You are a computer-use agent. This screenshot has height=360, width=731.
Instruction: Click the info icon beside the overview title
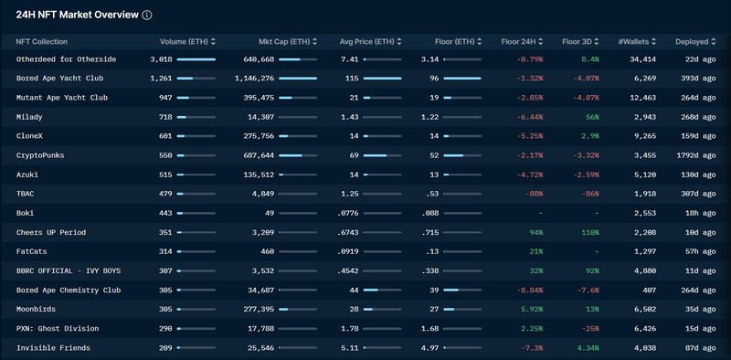(x=147, y=15)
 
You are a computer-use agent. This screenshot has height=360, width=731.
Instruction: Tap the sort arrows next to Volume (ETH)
(x=213, y=42)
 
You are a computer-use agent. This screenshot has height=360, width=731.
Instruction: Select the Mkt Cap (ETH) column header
(x=284, y=42)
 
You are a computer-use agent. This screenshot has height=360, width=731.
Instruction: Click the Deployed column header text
(x=692, y=42)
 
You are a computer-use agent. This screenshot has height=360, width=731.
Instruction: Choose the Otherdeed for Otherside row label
(x=66, y=59)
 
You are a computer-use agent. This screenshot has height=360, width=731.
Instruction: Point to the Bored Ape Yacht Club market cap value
(x=255, y=79)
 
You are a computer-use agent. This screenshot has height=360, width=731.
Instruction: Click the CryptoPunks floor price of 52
(x=434, y=155)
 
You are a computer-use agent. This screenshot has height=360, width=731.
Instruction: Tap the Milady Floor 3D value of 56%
(x=592, y=117)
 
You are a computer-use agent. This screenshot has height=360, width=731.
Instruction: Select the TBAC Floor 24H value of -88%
(x=534, y=194)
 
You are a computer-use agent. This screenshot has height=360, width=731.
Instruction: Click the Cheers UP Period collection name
(x=51, y=232)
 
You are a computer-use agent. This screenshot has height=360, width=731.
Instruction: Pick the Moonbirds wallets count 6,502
(x=645, y=309)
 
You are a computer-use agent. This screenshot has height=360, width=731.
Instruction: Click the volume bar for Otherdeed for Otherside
(x=196, y=59)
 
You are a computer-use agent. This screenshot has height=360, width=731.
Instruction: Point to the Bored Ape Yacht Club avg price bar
(x=382, y=79)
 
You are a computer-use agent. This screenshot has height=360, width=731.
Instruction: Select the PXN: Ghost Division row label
(x=58, y=328)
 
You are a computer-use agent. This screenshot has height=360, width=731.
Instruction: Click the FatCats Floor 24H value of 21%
(x=536, y=252)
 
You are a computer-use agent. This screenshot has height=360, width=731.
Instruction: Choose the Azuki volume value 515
(x=165, y=175)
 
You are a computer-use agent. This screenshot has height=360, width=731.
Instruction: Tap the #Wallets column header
(x=633, y=42)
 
